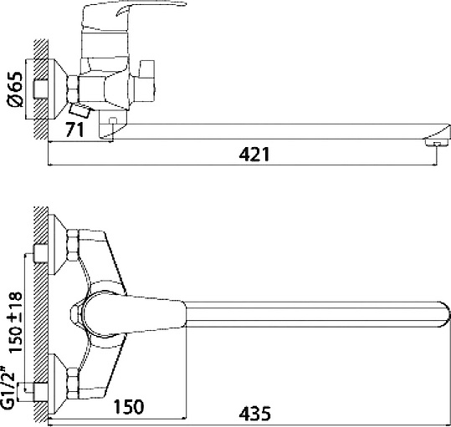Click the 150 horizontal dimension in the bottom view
point(126,407)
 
